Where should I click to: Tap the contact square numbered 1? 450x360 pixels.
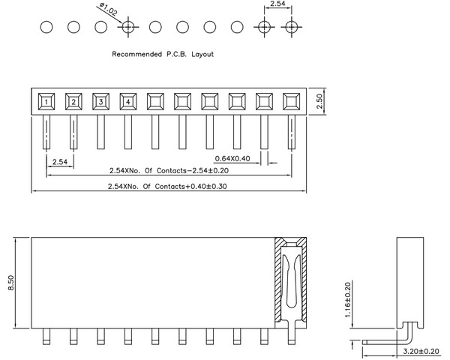(46, 100)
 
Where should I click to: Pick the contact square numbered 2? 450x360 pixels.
(73, 100)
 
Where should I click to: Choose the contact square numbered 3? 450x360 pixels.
(100, 100)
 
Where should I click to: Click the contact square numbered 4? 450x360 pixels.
(128, 100)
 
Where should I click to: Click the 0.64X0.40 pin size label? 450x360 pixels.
(233, 158)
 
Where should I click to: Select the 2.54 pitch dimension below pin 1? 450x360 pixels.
(59, 161)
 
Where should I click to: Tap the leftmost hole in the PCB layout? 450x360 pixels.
(46, 28)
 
